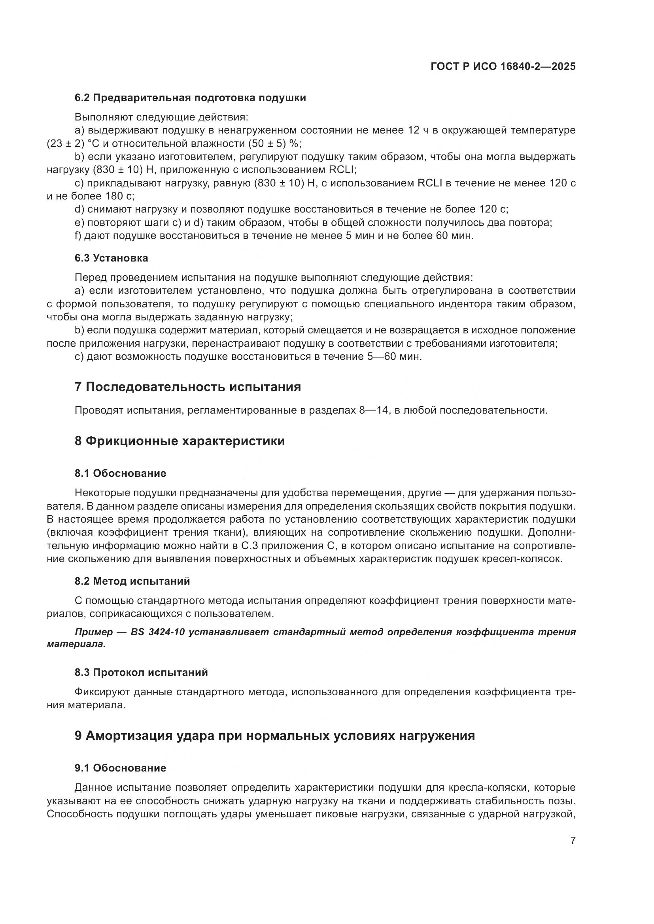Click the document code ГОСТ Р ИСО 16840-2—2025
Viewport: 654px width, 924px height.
[x=503, y=66]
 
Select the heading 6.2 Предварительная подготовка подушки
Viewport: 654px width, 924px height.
[x=190, y=98]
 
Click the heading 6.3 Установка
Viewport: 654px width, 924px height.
[x=111, y=258]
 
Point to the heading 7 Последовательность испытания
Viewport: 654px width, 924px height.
[x=188, y=387]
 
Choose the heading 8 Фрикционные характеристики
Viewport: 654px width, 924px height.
[x=180, y=441]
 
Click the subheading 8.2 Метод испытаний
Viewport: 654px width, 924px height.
[x=132, y=581]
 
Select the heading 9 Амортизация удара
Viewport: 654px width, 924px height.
[x=275, y=736]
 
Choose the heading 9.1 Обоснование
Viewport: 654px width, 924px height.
[x=120, y=768]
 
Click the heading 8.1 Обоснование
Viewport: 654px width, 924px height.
[x=120, y=473]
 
